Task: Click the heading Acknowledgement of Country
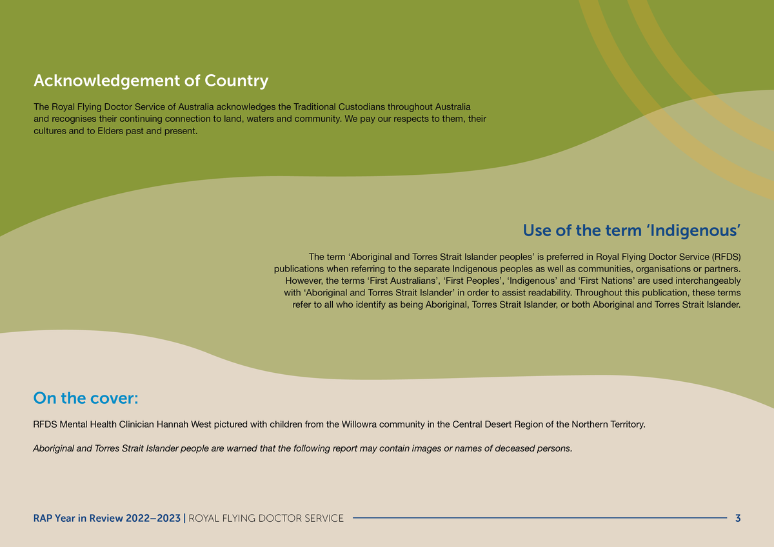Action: click(x=150, y=81)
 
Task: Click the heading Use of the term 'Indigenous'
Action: click(x=631, y=230)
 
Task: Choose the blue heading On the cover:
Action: click(x=86, y=398)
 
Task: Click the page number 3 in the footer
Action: click(x=737, y=518)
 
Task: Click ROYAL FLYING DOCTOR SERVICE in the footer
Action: click(x=266, y=518)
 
